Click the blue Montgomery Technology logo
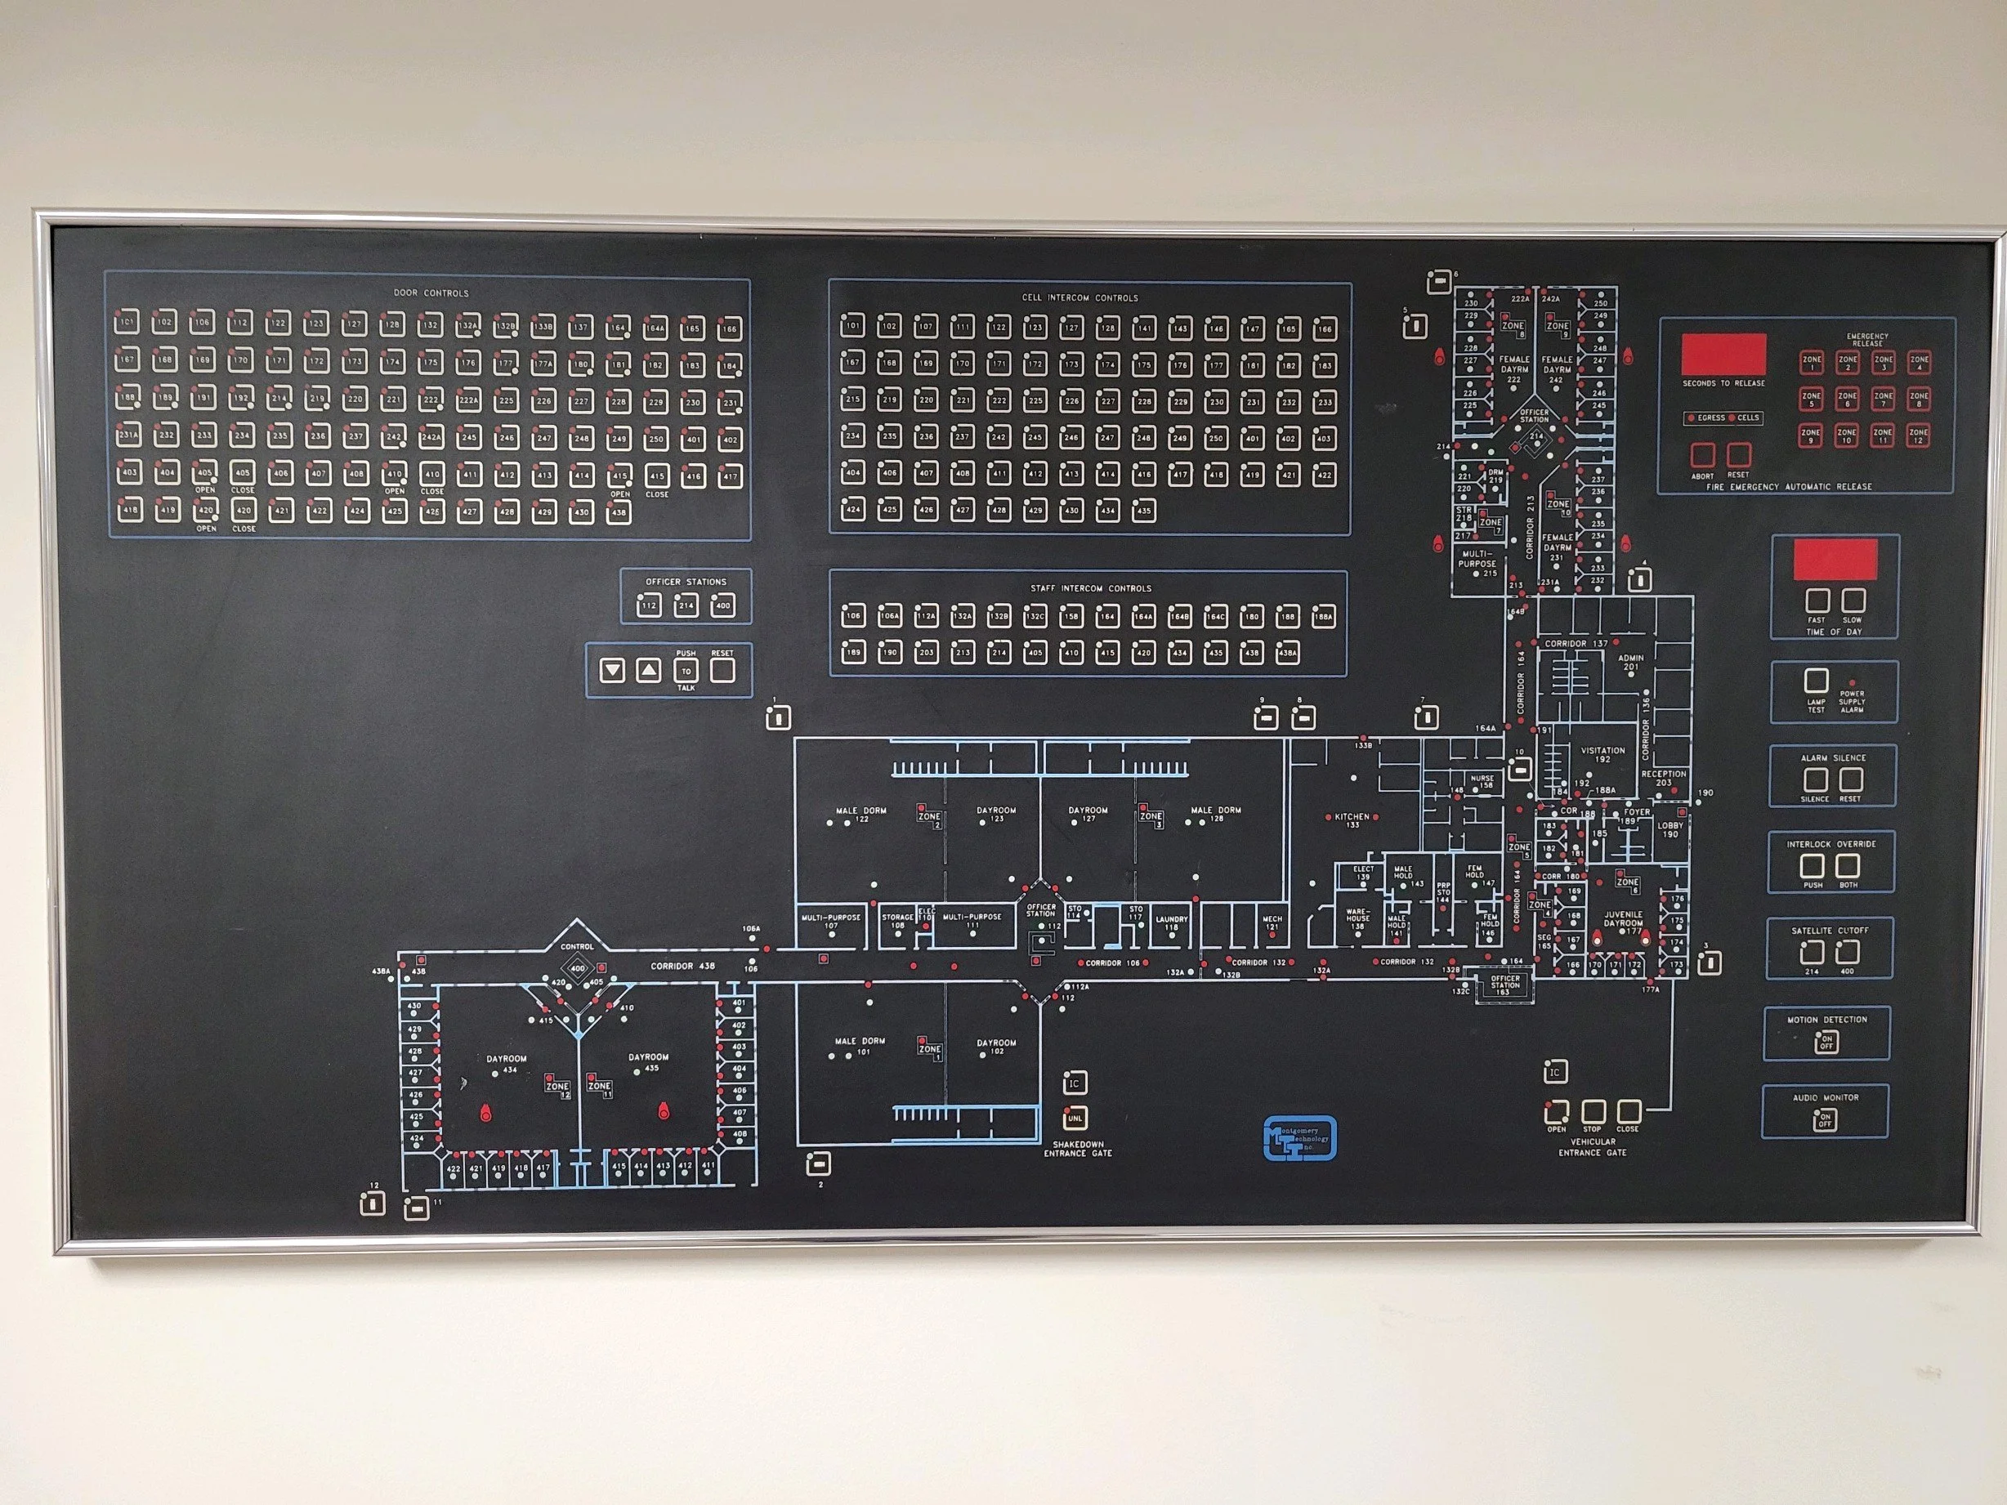(x=1299, y=1137)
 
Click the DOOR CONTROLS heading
(x=431, y=293)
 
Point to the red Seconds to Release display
(x=1723, y=355)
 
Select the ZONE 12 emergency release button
(x=1917, y=435)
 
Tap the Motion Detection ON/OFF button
(x=1826, y=1043)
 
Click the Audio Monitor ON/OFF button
(x=1825, y=1121)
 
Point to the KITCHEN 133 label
(x=1352, y=820)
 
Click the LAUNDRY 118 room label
(x=1171, y=922)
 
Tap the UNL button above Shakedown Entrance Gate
(x=1075, y=1118)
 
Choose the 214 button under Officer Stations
(x=686, y=605)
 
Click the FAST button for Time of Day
(x=1816, y=601)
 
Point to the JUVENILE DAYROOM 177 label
(x=1624, y=922)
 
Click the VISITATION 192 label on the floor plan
(x=1602, y=755)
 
